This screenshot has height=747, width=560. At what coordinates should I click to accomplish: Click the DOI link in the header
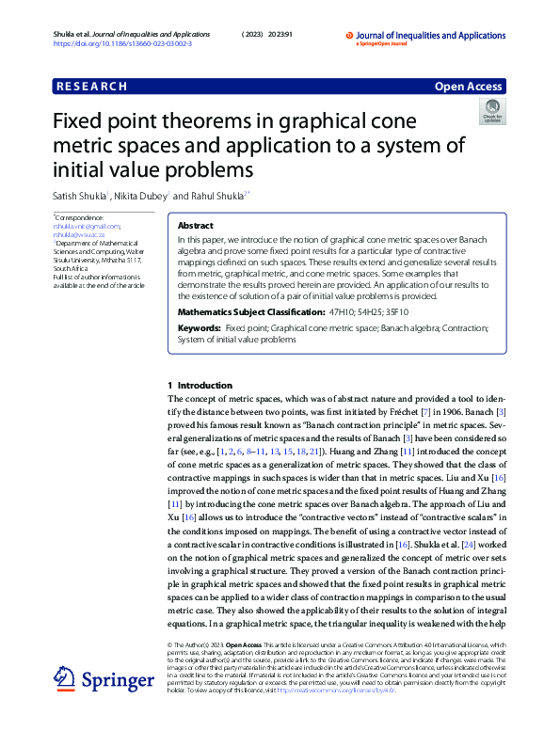(x=122, y=44)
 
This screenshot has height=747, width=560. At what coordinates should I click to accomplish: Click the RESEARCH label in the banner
(x=91, y=87)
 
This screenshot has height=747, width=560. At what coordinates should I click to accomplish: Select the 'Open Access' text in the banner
(x=467, y=87)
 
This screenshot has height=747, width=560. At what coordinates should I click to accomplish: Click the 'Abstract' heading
(x=196, y=227)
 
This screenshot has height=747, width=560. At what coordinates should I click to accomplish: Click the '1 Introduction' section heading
(x=199, y=386)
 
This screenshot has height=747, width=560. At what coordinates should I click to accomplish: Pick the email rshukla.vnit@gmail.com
(x=87, y=226)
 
